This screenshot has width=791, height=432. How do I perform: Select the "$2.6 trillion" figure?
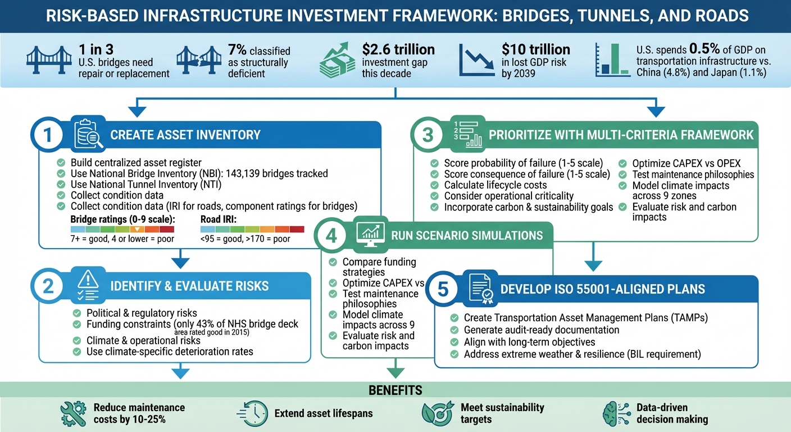[398, 49]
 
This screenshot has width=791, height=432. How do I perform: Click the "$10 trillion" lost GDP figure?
[536, 49]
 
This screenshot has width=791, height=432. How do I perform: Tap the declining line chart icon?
[477, 60]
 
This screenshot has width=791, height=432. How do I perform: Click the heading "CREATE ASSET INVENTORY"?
[185, 135]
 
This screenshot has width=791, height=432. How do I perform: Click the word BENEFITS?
[395, 390]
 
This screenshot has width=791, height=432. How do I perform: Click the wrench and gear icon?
[72, 413]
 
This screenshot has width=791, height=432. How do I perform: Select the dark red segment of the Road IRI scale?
[297, 229]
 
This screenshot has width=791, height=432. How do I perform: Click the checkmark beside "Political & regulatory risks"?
[77, 313]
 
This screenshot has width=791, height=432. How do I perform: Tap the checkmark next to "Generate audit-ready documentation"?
[454, 330]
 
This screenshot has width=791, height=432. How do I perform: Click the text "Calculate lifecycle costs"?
[495, 185]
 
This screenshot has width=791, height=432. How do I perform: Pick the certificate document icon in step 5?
[479, 289]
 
